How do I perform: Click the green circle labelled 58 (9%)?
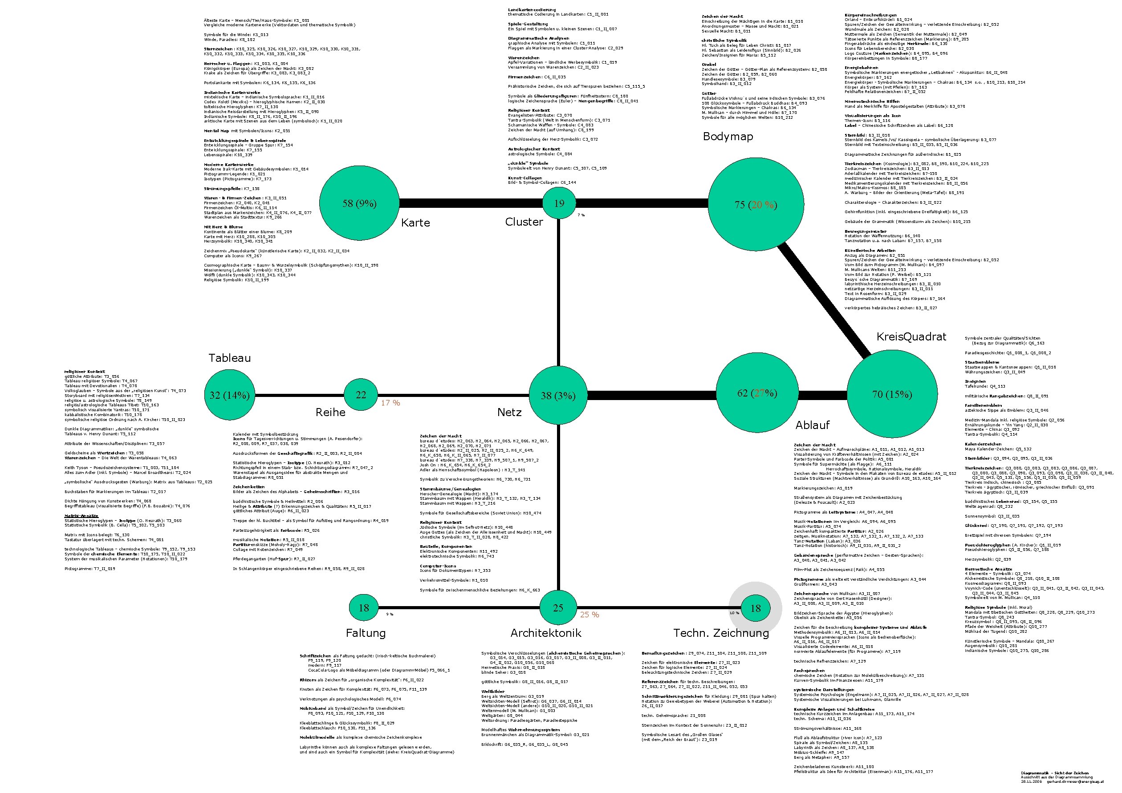click(x=359, y=203)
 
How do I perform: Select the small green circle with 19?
click(x=559, y=203)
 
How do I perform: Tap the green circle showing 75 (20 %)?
click(x=756, y=204)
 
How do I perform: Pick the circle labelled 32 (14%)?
click(x=229, y=395)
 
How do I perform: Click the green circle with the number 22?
click(x=361, y=395)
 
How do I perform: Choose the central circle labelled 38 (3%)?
click(x=558, y=396)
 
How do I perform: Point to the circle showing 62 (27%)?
click(x=756, y=393)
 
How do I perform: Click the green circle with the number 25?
click(x=558, y=608)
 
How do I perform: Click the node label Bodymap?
click(x=728, y=137)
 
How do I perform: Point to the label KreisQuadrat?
click(x=911, y=336)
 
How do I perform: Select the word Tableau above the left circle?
click(x=229, y=358)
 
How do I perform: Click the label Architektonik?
click(x=546, y=633)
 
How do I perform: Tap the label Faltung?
click(x=366, y=633)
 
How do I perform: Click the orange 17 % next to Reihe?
click(x=390, y=403)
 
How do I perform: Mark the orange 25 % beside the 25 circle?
click(x=589, y=615)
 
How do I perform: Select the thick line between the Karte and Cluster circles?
click(x=470, y=203)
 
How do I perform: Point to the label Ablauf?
click(x=812, y=425)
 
